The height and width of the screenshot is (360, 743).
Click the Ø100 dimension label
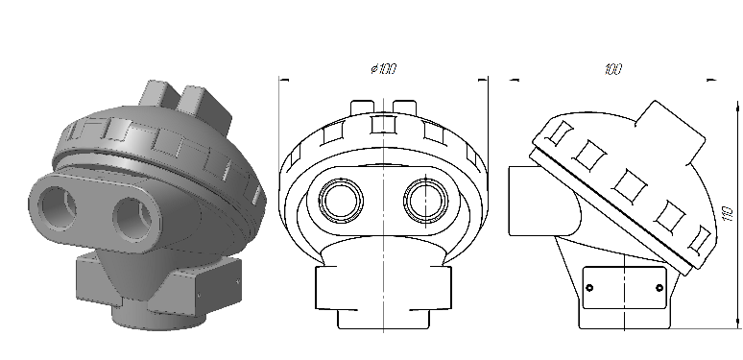coord(383,69)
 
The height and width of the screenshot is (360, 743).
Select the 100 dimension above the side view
coord(612,70)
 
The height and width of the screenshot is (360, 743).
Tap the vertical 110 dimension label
coord(728,214)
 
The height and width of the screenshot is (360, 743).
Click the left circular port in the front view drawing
coord(341,201)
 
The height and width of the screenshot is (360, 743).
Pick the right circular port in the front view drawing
coord(426,201)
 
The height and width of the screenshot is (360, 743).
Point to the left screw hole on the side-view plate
coord(589,288)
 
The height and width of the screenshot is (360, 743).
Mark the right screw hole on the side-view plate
coord(659,288)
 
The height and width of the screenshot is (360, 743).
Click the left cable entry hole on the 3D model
coord(58,207)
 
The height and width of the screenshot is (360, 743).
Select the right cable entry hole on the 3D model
coord(133,220)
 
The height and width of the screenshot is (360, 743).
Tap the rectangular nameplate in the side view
coord(624,288)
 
